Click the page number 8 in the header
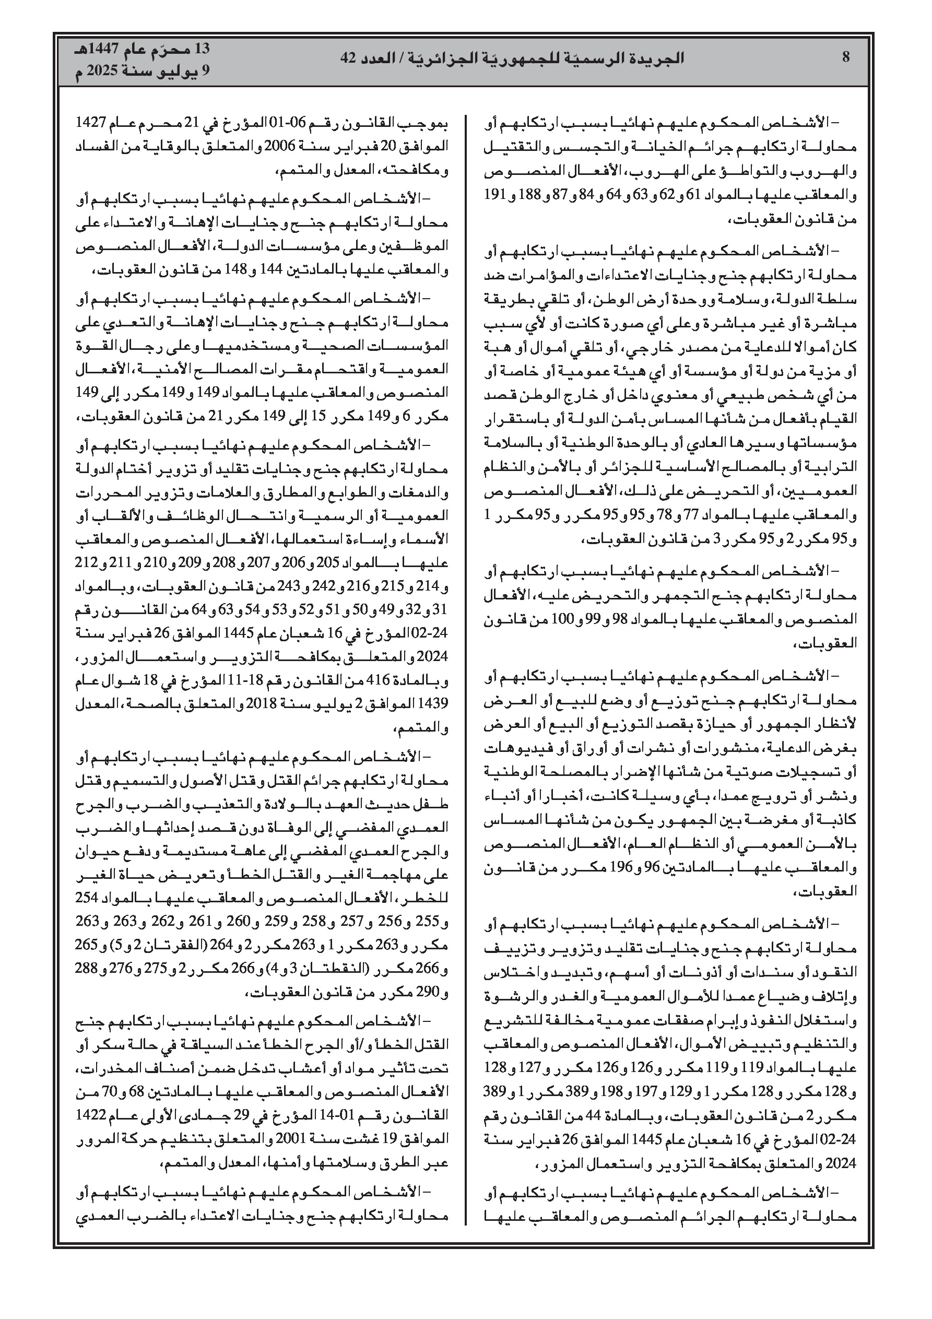845,57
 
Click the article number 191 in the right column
494,195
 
